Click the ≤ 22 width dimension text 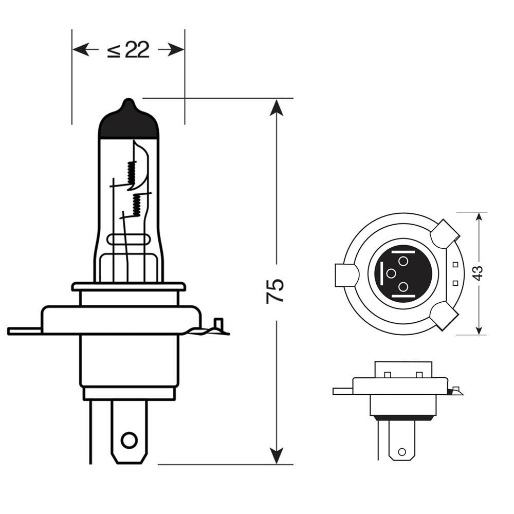click(x=128, y=50)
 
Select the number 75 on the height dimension click(x=276, y=291)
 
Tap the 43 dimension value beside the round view click(x=479, y=273)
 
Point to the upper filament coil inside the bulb click(x=132, y=174)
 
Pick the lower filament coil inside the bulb click(x=137, y=205)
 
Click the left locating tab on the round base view click(x=345, y=275)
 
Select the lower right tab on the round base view click(x=444, y=315)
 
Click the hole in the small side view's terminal click(x=402, y=452)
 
